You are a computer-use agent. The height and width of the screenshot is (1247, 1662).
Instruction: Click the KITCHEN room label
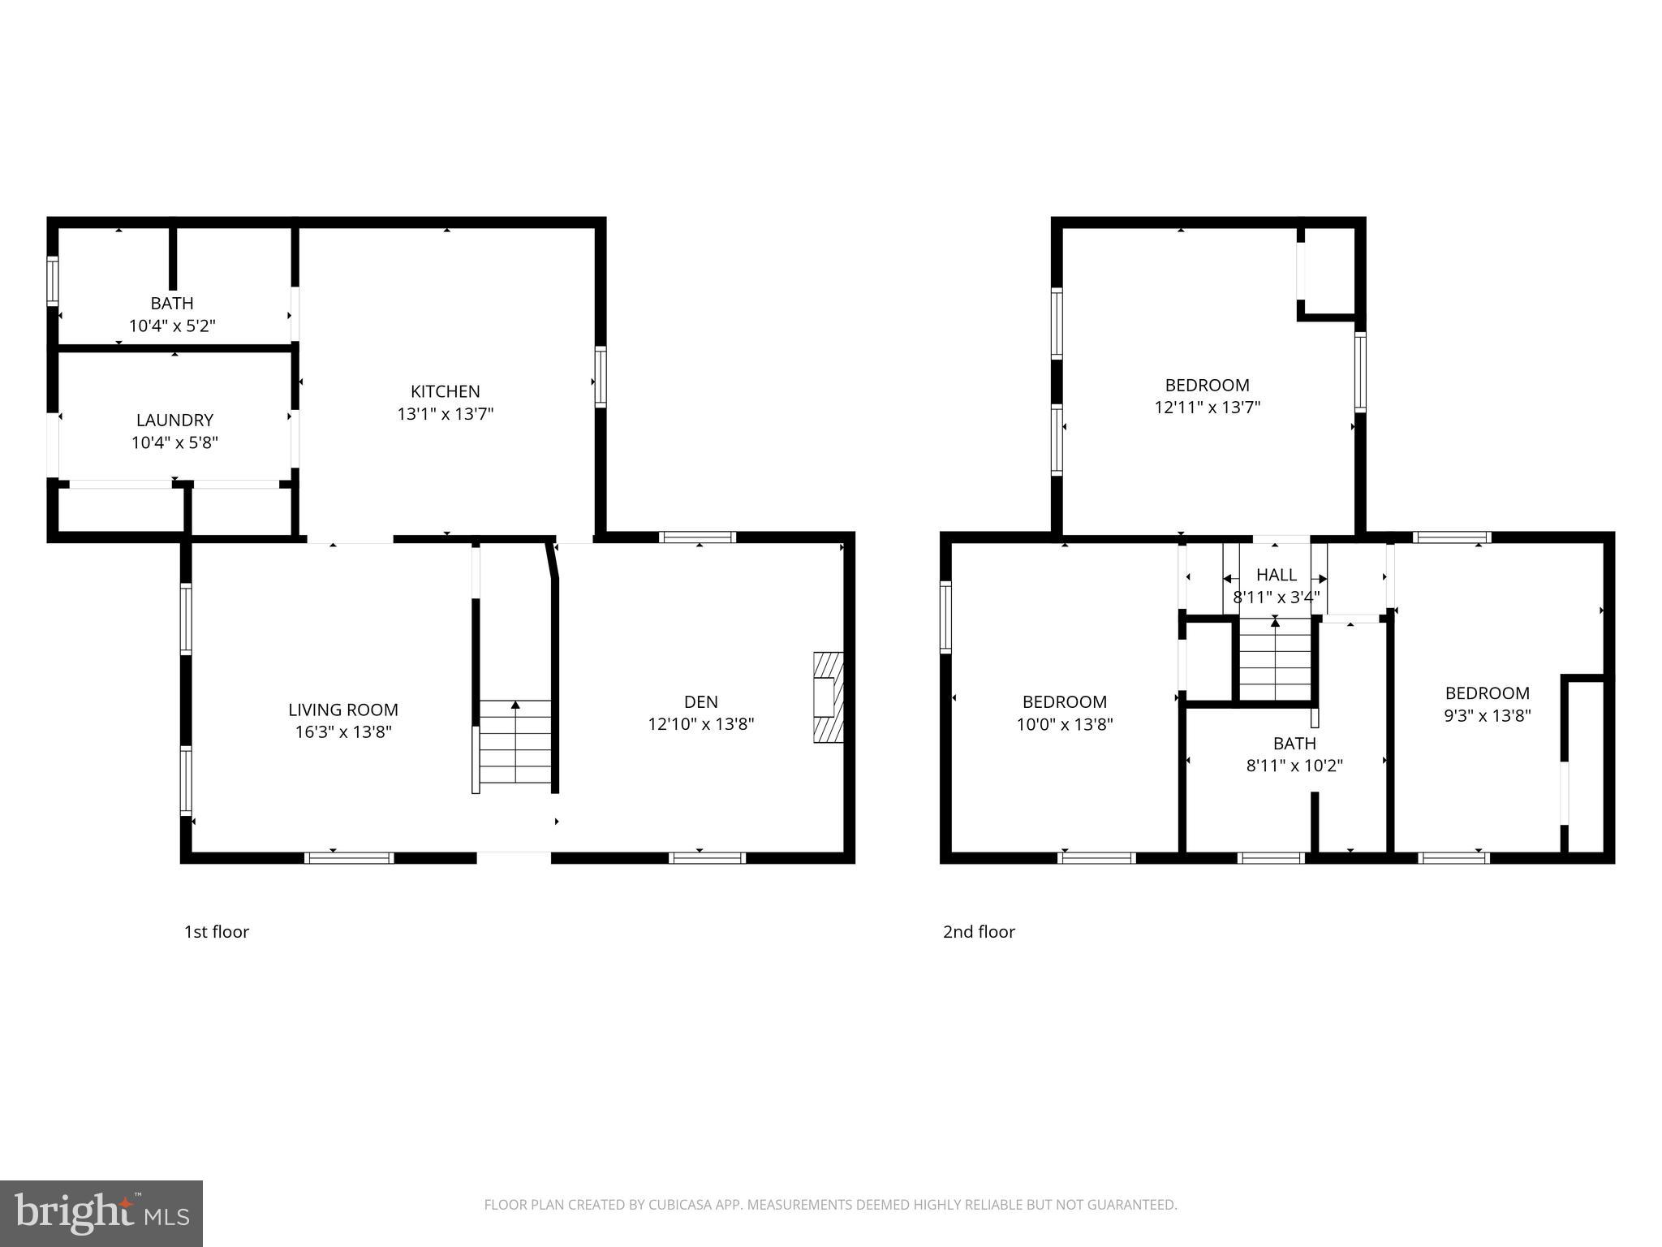(x=445, y=391)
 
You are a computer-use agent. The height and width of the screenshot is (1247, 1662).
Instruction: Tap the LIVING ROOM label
(x=343, y=710)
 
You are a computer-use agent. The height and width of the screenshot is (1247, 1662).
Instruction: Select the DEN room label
(x=700, y=701)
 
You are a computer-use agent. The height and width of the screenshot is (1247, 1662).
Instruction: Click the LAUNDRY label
(x=174, y=420)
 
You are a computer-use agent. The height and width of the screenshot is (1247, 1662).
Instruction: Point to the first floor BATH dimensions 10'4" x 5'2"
(x=172, y=326)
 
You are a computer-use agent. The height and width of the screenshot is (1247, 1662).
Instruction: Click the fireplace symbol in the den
(x=829, y=697)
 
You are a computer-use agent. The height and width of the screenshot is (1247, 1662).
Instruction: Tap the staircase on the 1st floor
(x=515, y=742)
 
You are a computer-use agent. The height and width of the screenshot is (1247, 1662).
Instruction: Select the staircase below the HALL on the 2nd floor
(x=1275, y=659)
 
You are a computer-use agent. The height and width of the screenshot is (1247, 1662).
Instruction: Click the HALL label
(x=1276, y=575)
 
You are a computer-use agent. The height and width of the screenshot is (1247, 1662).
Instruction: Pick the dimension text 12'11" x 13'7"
(x=1207, y=408)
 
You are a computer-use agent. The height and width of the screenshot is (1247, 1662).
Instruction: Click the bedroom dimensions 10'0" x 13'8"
(x=1064, y=724)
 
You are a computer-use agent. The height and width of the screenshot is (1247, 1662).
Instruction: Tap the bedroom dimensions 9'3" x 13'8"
(x=1487, y=716)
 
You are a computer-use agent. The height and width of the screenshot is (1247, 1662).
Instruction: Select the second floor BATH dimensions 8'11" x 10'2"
(x=1294, y=766)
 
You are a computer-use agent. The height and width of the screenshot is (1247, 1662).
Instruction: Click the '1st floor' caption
(x=216, y=932)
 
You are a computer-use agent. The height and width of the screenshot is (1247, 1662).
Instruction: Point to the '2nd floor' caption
(x=979, y=932)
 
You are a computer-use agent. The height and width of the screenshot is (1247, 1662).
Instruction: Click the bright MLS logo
(x=101, y=1213)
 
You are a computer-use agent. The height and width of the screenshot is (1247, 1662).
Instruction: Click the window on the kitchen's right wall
(x=601, y=376)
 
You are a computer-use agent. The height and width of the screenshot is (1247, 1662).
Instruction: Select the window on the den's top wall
(x=698, y=537)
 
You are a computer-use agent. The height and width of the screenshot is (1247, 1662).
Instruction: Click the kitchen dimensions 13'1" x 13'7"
(x=445, y=414)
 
